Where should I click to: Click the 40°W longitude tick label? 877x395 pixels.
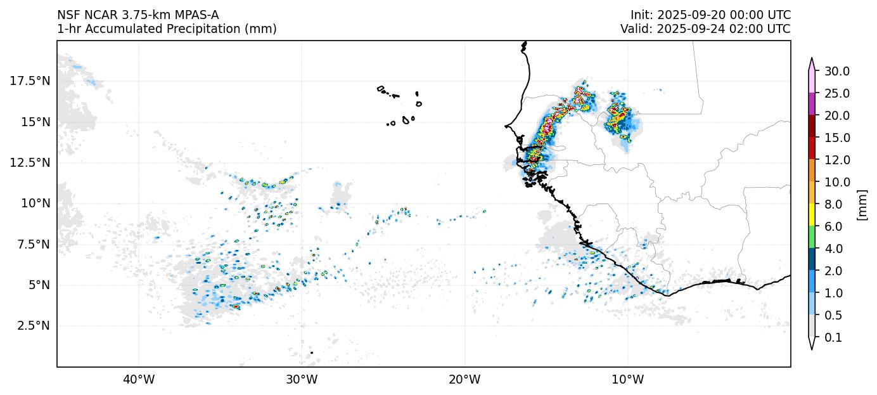point(138,380)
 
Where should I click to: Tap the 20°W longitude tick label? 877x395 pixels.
point(464,380)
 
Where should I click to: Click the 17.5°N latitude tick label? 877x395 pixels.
point(30,81)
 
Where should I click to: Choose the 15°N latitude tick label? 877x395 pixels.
point(35,122)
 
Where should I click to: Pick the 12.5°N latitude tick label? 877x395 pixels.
point(30,162)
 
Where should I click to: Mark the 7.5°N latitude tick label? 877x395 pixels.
point(33,244)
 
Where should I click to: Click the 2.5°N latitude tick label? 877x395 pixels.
point(33,325)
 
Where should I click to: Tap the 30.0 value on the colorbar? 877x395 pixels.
point(837,71)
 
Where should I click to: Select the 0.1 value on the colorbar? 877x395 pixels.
point(835,338)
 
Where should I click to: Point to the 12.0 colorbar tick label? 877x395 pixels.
point(837,160)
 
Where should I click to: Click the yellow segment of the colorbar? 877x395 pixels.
point(811,215)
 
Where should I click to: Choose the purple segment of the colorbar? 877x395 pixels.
point(811,104)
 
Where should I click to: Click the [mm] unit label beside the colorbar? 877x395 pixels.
point(861,204)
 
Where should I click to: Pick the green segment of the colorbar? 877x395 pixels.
point(811,237)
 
